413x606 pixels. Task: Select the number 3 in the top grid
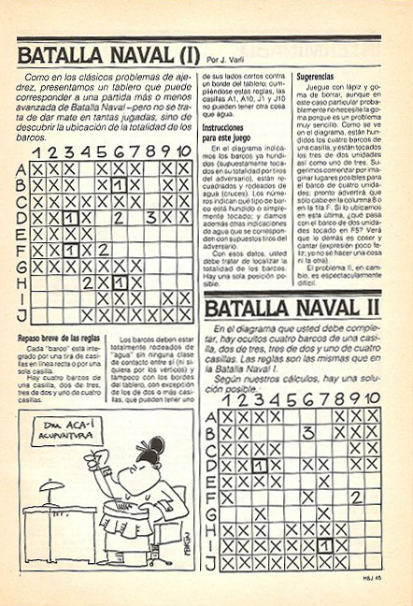pos(150,218)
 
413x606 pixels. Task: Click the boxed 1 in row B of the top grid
pos(118,185)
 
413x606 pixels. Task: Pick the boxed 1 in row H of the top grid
pos(118,282)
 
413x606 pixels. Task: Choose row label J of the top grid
pos(21,315)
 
